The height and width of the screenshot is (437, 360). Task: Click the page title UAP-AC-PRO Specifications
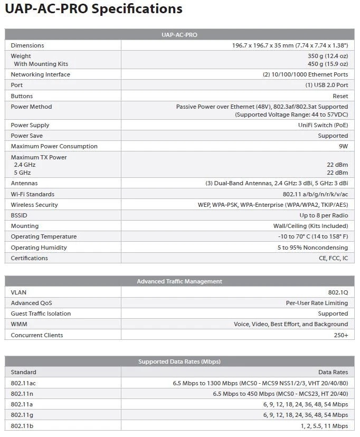pyautogui.click(x=94, y=9)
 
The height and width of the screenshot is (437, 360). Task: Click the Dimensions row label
pyautogui.click(x=27, y=45)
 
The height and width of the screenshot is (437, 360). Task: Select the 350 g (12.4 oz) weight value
pyautogui.click(x=328, y=56)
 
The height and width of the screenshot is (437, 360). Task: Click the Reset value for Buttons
pyautogui.click(x=340, y=96)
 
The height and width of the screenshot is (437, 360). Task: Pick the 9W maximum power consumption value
pyautogui.click(x=343, y=146)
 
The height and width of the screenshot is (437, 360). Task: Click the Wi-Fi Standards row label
pyautogui.click(x=33, y=194)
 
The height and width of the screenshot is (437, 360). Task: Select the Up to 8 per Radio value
pyautogui.click(x=324, y=215)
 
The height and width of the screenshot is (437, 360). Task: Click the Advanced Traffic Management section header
pyautogui.click(x=179, y=281)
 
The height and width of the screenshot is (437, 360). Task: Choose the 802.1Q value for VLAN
pyautogui.click(x=338, y=292)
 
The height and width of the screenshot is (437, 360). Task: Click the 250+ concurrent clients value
pyautogui.click(x=341, y=335)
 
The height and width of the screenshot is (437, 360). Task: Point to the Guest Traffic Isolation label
pyautogui.click(x=41, y=313)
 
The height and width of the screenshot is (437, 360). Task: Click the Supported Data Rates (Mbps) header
pyautogui.click(x=179, y=362)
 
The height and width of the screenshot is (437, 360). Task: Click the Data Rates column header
pyautogui.click(x=333, y=372)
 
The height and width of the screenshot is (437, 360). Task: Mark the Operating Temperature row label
pyautogui.click(x=44, y=236)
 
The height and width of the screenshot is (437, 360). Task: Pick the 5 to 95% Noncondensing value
pyautogui.click(x=313, y=248)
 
